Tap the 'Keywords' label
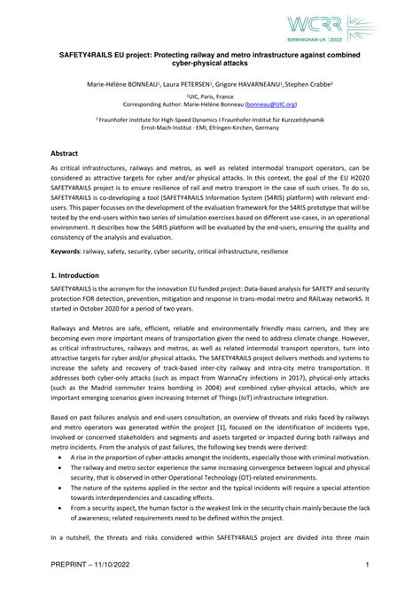[66, 250]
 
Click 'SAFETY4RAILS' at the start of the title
[81, 53]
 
